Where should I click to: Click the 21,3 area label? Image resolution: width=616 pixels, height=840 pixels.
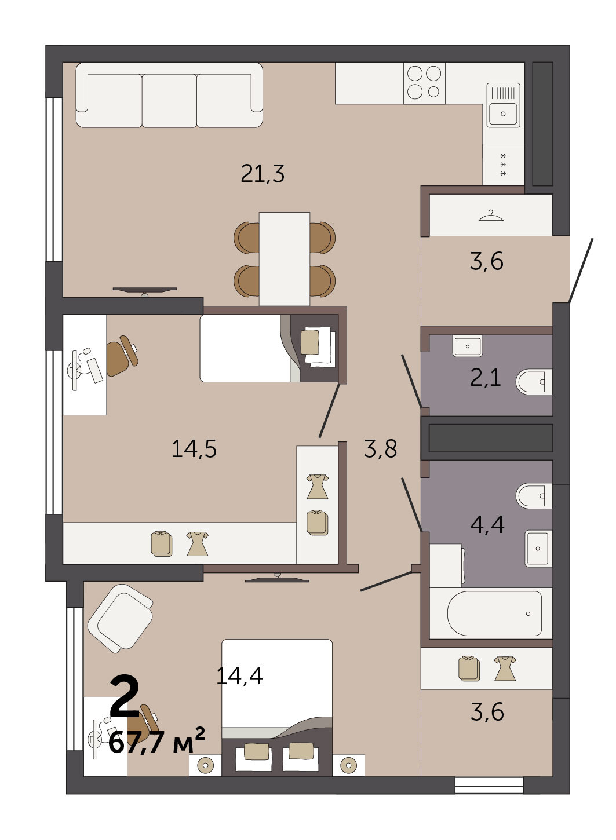tap(263, 174)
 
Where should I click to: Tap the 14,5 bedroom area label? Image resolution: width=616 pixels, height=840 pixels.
tap(194, 449)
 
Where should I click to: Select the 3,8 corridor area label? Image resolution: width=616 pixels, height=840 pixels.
tap(380, 448)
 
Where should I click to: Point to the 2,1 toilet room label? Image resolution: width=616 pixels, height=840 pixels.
tap(486, 378)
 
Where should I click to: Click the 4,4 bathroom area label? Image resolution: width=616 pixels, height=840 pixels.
tap(487, 524)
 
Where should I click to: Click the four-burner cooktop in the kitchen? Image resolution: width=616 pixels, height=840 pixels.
tap(424, 83)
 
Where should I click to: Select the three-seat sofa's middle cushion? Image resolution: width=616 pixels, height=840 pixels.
tap(169, 100)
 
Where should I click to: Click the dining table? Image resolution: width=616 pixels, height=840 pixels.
tap(285, 259)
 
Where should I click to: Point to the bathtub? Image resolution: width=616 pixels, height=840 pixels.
tap(494, 613)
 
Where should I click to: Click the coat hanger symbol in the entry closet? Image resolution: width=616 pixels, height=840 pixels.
tap(491, 216)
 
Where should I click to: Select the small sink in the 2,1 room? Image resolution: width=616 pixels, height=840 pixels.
tap(468, 346)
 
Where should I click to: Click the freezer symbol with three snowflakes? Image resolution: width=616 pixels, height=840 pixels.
tap(504, 165)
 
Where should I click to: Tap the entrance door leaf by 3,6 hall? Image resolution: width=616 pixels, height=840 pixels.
tap(581, 271)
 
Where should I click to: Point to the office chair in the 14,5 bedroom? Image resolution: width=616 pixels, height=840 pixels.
tap(121, 356)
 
